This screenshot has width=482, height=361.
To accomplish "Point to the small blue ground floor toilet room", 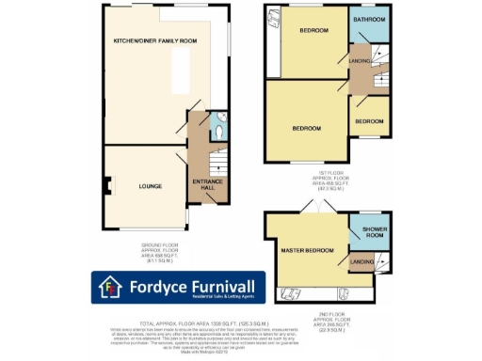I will [217, 128].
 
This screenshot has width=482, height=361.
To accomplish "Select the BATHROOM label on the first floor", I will [369, 19].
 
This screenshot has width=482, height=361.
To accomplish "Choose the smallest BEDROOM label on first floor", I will [369, 121].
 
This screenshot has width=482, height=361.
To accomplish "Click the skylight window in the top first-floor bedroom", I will [273, 20].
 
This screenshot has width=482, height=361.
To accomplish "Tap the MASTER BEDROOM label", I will [306, 250].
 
